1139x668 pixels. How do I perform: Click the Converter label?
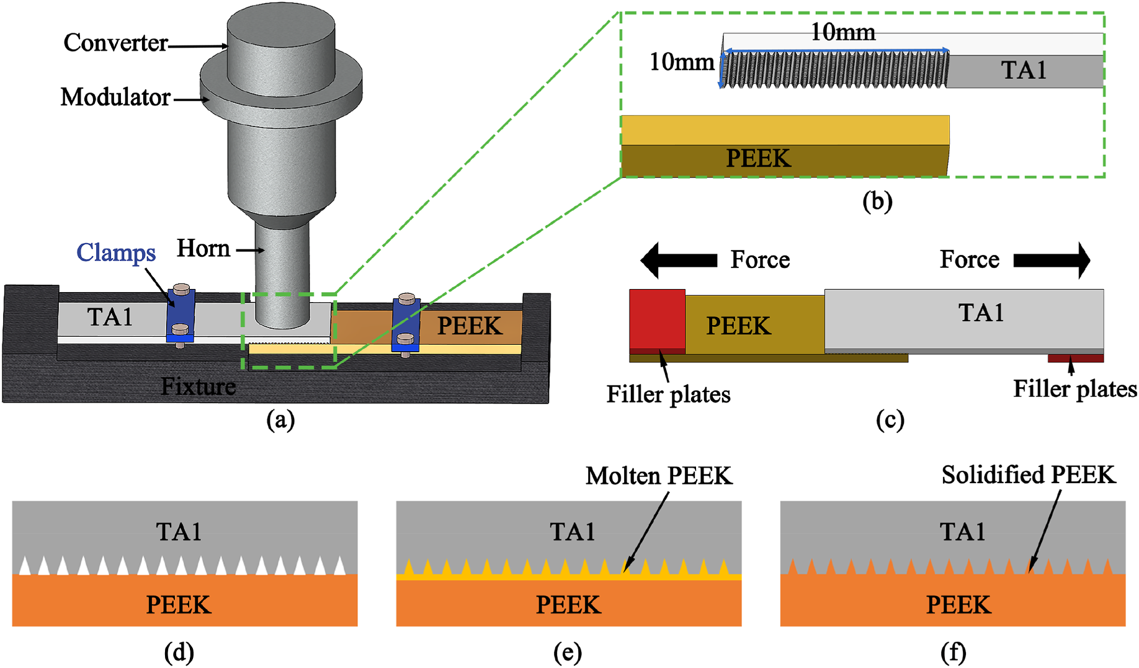pyautogui.click(x=115, y=43)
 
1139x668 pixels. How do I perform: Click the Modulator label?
pyautogui.click(x=115, y=97)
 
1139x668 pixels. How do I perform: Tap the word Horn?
pyautogui.click(x=203, y=249)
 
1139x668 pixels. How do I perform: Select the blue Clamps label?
pyautogui.click(x=116, y=253)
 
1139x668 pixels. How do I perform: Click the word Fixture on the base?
pyautogui.click(x=199, y=386)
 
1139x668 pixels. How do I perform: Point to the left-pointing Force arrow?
pyautogui.click(x=679, y=260)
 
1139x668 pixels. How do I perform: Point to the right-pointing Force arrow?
pyautogui.click(x=1052, y=260)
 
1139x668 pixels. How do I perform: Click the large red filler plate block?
pyautogui.click(x=657, y=319)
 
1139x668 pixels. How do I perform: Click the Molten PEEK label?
pyautogui.click(x=659, y=476)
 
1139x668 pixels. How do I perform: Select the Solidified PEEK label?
pyautogui.click(x=1029, y=475)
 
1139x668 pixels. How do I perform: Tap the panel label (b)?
pyautogui.click(x=877, y=202)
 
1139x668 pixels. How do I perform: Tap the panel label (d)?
pyautogui.click(x=179, y=652)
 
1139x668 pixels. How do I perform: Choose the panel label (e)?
pyautogui.click(x=568, y=652)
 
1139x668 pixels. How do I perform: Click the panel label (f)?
pyautogui.click(x=953, y=652)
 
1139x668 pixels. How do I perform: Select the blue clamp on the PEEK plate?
pyautogui.click(x=406, y=326)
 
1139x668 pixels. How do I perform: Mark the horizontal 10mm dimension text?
pyautogui.click(x=843, y=32)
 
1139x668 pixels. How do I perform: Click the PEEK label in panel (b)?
pyautogui.click(x=758, y=159)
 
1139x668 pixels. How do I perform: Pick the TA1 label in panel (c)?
pyautogui.click(x=981, y=313)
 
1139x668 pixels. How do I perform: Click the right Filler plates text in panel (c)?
pyautogui.click(x=1075, y=390)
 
